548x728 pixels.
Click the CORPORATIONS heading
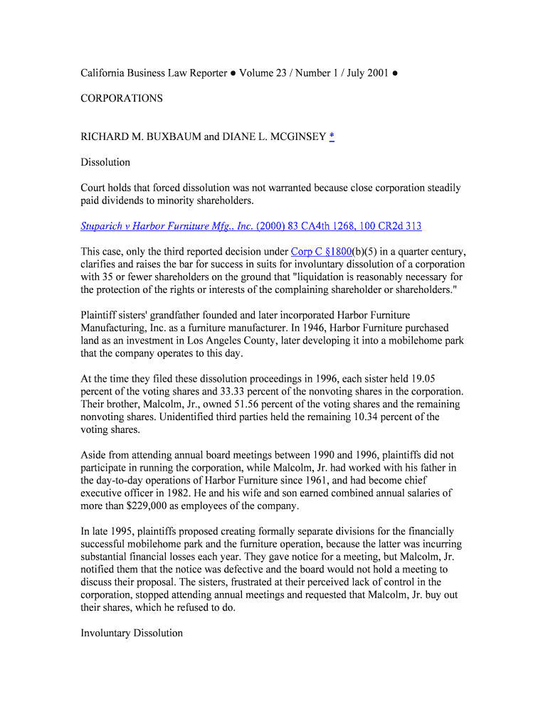[122, 98]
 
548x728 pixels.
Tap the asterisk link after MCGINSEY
[332, 136]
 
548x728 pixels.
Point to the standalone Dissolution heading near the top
[105, 162]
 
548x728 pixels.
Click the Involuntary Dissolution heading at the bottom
[132, 633]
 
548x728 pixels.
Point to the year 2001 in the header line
[377, 73]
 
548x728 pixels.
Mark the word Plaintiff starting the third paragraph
[99, 315]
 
